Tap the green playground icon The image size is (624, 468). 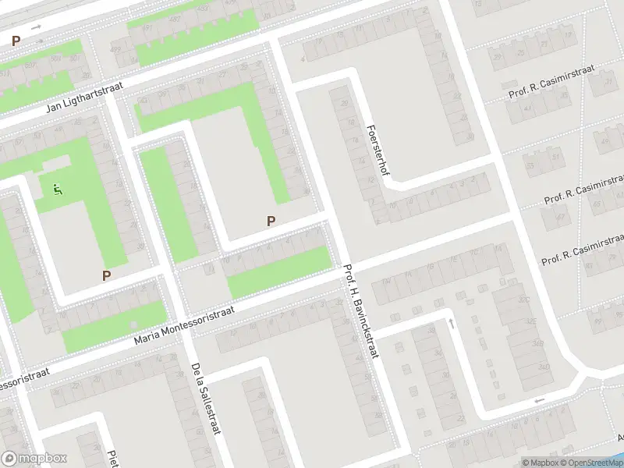tap(56, 189)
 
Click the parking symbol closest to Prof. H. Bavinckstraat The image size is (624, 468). tap(271, 221)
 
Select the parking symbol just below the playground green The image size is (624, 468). tap(106, 275)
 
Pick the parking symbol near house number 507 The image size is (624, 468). tap(15, 40)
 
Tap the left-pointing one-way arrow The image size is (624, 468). tap(537, 401)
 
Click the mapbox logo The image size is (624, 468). tap(34, 459)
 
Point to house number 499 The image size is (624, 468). tap(115, 48)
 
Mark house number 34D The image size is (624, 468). tap(538, 367)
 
